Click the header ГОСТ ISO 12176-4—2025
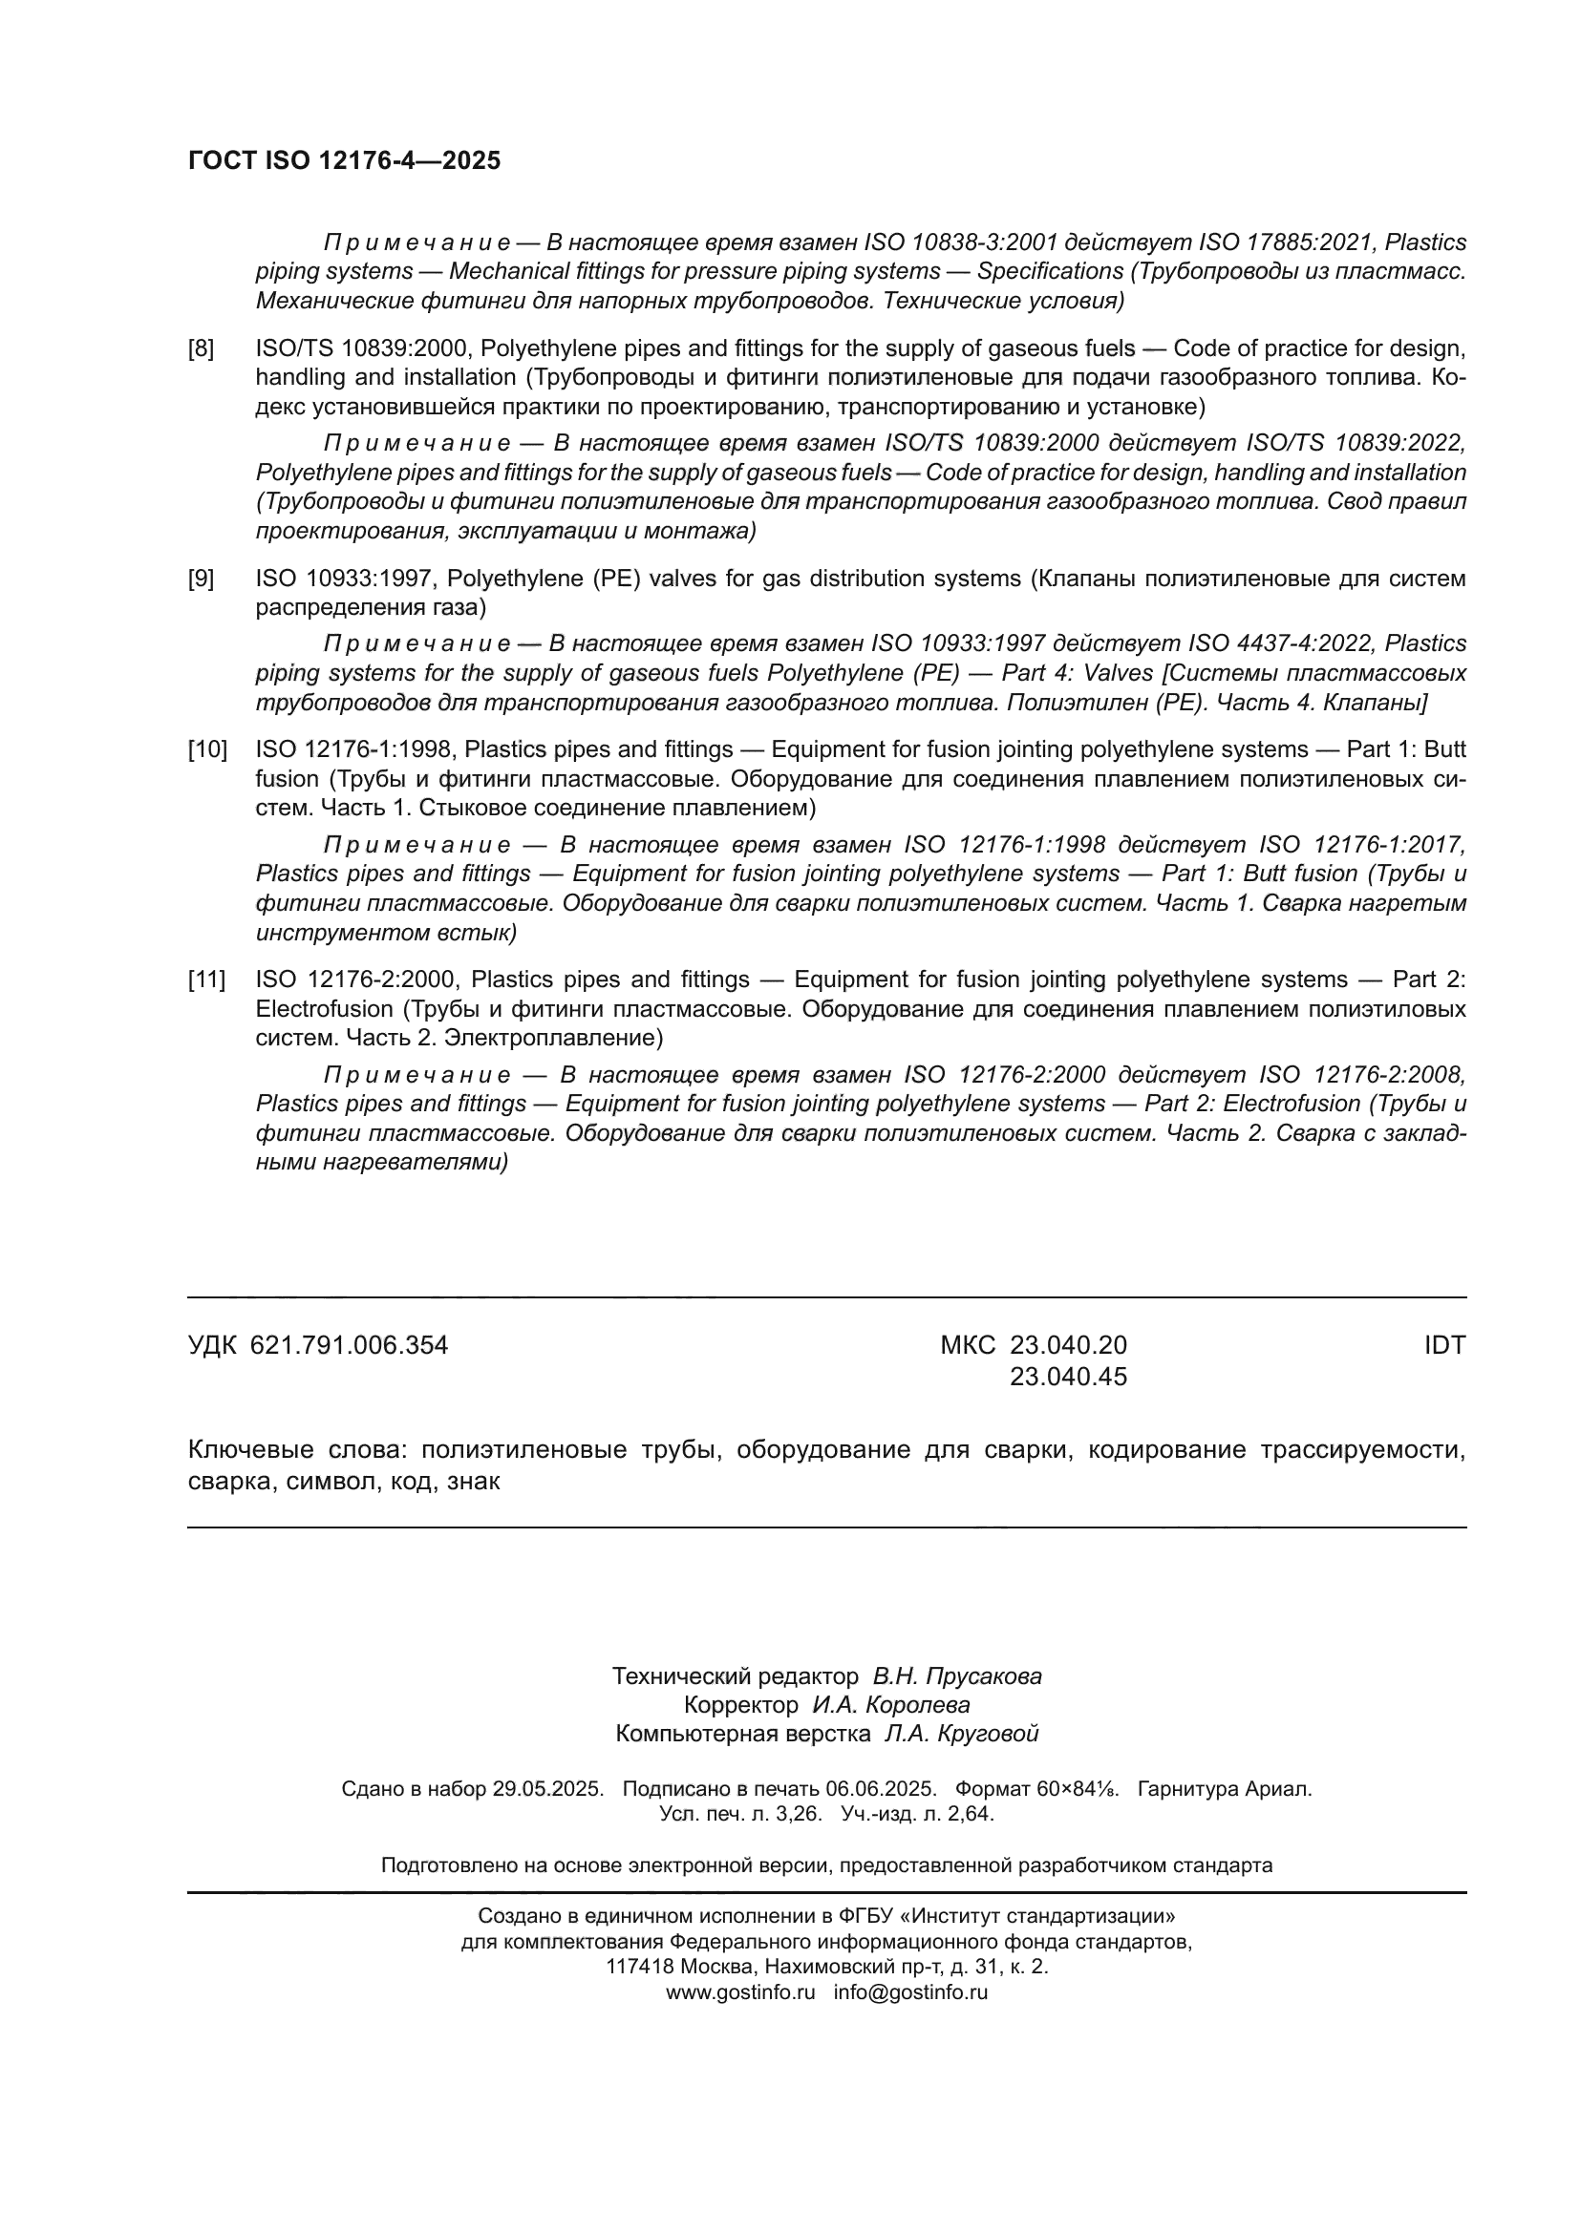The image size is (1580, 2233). click(x=345, y=160)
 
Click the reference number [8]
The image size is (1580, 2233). click(x=202, y=348)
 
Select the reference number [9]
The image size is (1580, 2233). click(x=202, y=579)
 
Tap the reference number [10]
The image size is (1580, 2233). click(x=206, y=749)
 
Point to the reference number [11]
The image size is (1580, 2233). click(x=206, y=980)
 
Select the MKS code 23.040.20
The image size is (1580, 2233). click(x=1068, y=1346)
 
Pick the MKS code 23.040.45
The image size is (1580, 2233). click(x=1068, y=1378)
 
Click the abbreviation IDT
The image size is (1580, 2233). click(x=1444, y=1346)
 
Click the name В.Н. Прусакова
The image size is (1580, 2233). click(x=957, y=1676)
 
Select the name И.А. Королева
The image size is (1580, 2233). click(x=891, y=1706)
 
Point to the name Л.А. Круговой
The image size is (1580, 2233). click(x=961, y=1734)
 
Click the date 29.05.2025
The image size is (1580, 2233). click(x=547, y=1789)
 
